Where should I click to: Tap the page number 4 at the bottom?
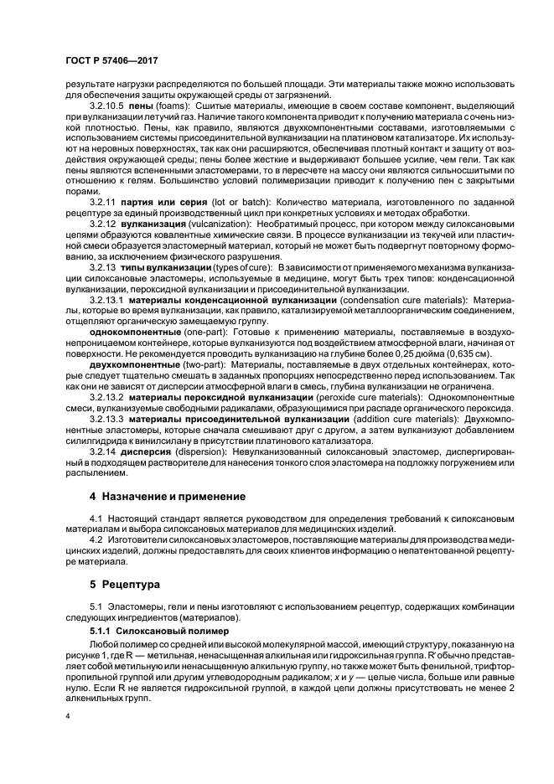(x=68, y=715)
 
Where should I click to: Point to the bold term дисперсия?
(x=148, y=450)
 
